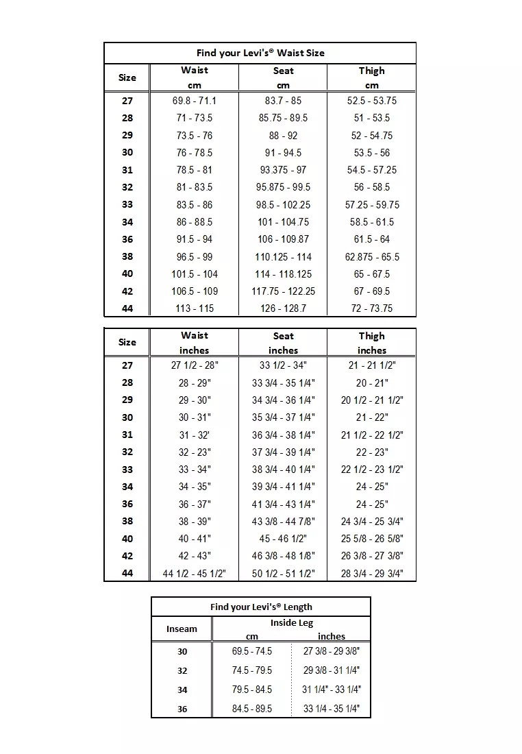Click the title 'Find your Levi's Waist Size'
[x=260, y=53]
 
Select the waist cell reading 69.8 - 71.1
[x=195, y=101]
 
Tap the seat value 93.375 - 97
[x=283, y=170]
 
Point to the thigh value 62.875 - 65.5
[x=372, y=257]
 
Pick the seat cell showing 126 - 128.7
[x=283, y=308]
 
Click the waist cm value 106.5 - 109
[x=195, y=291]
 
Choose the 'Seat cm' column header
[x=283, y=77]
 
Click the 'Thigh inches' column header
[x=372, y=343]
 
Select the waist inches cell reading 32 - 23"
[x=195, y=452]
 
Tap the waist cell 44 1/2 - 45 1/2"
[x=195, y=574]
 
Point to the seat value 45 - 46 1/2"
[x=283, y=539]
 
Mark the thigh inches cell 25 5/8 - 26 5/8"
[x=372, y=539]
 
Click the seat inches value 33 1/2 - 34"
[x=283, y=365]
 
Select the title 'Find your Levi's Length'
[x=261, y=607]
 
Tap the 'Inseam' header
[x=182, y=629]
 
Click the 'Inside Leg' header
[x=292, y=623]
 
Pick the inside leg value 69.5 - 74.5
[x=252, y=651]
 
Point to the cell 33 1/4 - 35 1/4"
[x=332, y=709]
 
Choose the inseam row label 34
[x=182, y=690]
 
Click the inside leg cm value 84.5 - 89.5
[x=252, y=709]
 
